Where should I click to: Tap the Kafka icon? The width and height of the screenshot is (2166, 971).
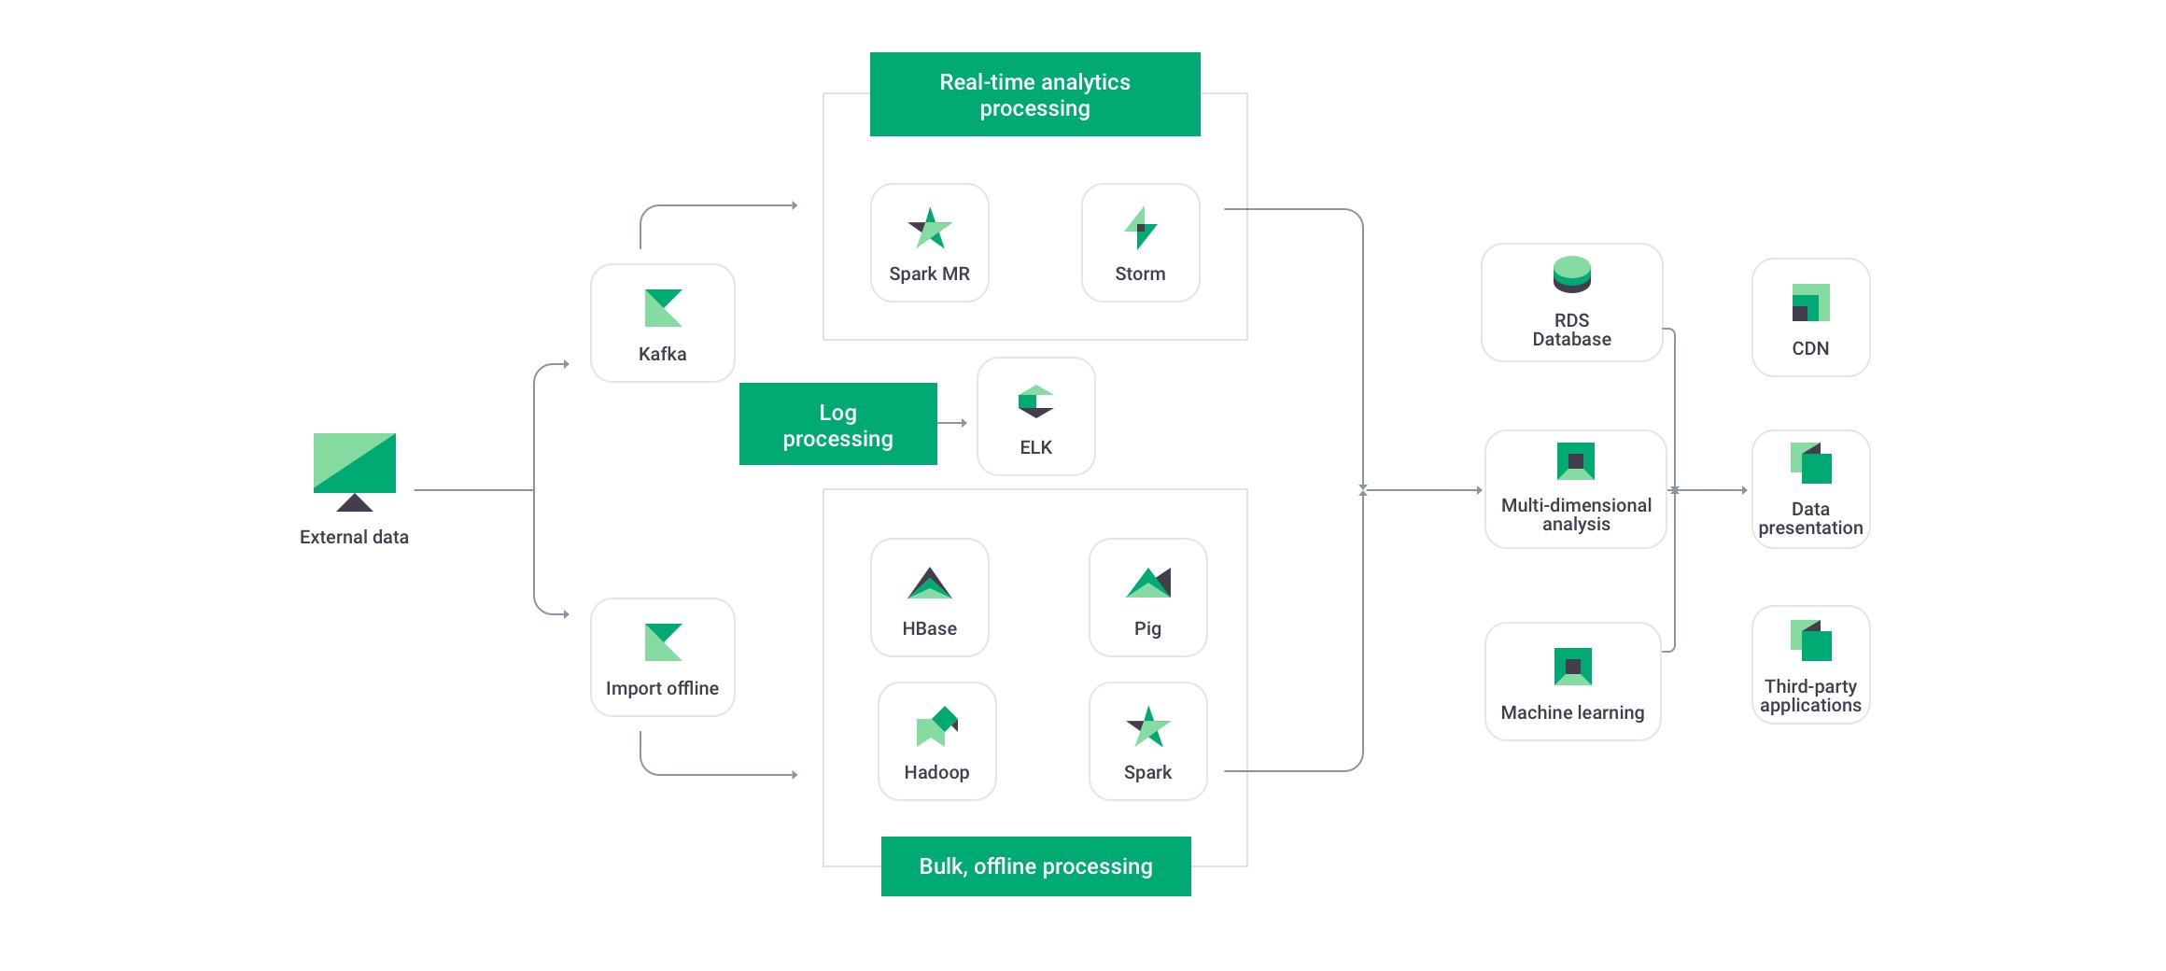coord(664,308)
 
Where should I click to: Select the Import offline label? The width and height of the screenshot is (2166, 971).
coord(662,688)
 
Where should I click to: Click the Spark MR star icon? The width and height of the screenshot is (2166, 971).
coord(930,228)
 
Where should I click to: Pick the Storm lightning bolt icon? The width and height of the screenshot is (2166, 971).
coord(1141,228)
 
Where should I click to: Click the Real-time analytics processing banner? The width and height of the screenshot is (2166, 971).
coord(1035,94)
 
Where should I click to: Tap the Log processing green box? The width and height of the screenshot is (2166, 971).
coord(838,424)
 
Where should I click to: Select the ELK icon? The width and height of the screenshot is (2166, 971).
coord(1036,401)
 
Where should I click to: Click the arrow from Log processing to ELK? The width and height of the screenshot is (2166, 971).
coord(952,423)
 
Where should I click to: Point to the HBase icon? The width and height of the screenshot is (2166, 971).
coord(930,583)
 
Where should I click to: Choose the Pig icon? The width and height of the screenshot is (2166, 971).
coord(1148,583)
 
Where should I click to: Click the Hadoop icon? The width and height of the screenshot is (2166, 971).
coord(937,726)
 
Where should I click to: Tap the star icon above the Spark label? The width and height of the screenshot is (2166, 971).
coord(1148,726)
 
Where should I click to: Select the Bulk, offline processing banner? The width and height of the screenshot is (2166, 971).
coord(1036,866)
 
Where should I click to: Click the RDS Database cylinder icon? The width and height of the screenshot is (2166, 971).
coord(1572,274)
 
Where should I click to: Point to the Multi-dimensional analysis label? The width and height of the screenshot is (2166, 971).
coord(1576,514)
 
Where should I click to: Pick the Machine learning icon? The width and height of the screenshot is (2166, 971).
coord(1573,667)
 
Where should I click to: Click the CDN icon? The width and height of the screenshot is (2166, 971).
coord(1811,303)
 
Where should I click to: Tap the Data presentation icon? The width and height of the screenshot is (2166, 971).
coord(1811,463)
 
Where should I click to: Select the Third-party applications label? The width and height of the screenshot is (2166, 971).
coord(1811,696)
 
